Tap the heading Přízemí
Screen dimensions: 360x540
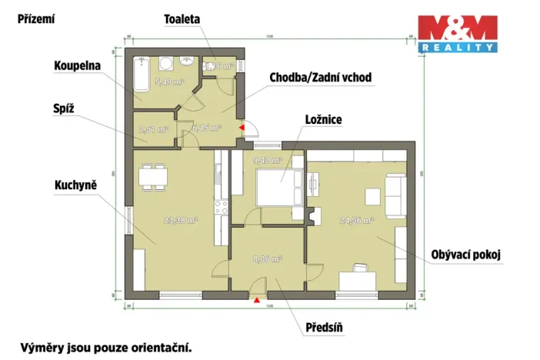[36, 18]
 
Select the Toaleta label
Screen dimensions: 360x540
[182, 18]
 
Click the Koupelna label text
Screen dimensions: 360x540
[78, 66]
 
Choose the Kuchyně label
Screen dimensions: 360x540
[75, 185]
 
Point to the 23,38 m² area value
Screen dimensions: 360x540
[182, 220]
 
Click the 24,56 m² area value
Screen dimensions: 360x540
[356, 220]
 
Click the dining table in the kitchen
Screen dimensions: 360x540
[153, 176]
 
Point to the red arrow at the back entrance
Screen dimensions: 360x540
[242, 128]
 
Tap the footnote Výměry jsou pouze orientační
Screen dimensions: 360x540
[106, 347]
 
